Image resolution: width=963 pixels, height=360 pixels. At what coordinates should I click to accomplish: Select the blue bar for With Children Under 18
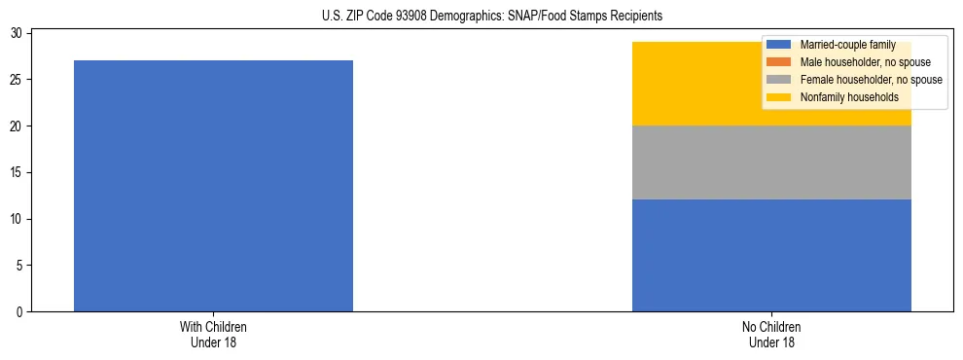click(213, 186)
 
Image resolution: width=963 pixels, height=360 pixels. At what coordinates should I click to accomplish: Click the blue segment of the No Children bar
click(771, 255)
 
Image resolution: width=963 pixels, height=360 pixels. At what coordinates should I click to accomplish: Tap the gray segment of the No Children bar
click(771, 162)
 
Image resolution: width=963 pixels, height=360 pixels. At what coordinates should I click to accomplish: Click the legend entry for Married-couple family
click(841, 45)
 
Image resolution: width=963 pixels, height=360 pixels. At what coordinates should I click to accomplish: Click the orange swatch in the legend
click(779, 62)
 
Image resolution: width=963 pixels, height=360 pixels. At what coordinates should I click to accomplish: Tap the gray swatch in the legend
click(779, 80)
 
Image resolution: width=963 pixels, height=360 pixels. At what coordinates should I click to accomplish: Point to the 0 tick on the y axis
click(20, 312)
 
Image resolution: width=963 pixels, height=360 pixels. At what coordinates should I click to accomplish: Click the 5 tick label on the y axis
click(20, 266)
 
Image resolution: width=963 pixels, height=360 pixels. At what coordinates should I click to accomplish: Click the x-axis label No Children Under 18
click(771, 335)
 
